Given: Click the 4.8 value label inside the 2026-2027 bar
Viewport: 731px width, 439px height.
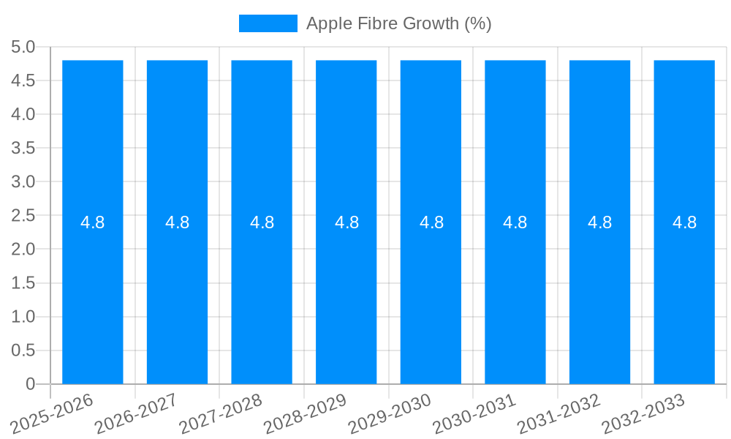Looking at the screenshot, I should pos(178,222).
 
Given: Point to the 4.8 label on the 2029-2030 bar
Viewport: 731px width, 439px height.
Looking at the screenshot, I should pos(431,222).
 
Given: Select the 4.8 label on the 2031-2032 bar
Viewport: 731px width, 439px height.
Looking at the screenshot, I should pos(600,222).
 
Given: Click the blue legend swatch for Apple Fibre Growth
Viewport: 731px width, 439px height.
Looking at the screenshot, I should pos(268,23).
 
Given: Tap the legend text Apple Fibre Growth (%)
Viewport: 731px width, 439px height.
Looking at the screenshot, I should pos(398,23).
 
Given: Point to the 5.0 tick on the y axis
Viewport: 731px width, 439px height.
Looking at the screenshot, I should pos(23,48).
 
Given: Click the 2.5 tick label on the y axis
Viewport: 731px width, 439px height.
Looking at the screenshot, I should pos(23,216).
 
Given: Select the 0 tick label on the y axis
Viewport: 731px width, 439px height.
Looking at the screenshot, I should pos(30,384).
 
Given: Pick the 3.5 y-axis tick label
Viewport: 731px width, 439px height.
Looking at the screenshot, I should pos(23,149).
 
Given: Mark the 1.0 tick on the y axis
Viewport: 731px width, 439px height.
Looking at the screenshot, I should pos(23,317).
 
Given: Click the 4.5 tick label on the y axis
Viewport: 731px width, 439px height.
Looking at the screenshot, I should pos(23,81).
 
